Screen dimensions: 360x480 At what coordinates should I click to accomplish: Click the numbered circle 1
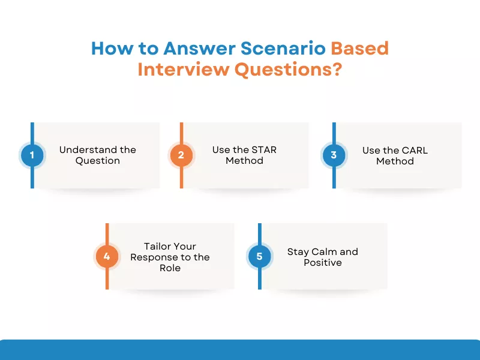(x=32, y=155)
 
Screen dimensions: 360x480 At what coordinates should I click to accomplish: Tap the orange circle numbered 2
(x=181, y=155)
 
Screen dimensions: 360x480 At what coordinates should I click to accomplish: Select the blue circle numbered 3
(x=334, y=155)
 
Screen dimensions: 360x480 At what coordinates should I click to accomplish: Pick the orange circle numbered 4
(x=107, y=257)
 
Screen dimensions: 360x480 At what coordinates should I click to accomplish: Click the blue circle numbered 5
(x=259, y=257)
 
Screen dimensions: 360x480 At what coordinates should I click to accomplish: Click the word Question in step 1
(x=97, y=161)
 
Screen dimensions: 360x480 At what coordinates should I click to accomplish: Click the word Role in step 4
(x=170, y=268)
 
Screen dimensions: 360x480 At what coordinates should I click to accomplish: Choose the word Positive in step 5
(x=322, y=262)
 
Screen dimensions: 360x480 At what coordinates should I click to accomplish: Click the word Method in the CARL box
(x=395, y=161)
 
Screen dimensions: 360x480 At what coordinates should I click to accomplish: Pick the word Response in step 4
(x=154, y=257)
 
